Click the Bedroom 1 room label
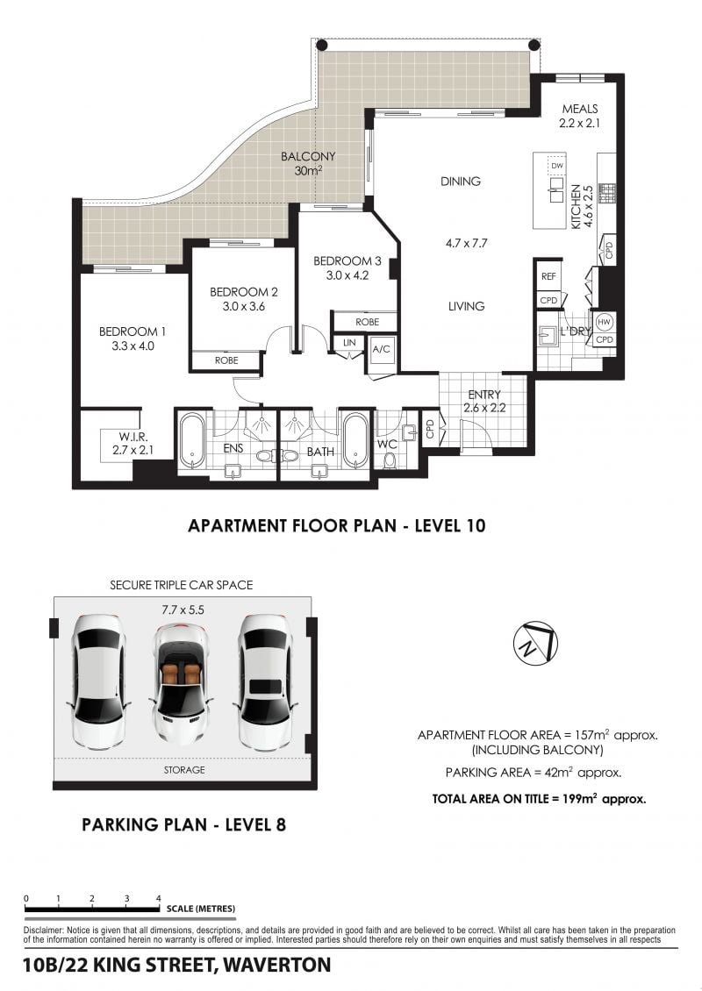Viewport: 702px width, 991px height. pos(133,332)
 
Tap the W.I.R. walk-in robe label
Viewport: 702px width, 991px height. pos(133,437)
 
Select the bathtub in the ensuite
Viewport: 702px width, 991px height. pos(190,440)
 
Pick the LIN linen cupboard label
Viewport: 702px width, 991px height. pos(350,343)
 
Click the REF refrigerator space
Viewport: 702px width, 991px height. pos(548,276)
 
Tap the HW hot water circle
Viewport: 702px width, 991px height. pos(604,322)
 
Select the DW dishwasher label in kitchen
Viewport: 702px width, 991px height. pos(556,166)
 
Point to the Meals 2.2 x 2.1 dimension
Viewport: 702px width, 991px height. pos(579,124)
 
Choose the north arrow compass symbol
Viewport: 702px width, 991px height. pos(535,643)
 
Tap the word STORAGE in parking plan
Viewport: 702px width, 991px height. pos(184,770)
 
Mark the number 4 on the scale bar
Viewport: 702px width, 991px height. pos(159,898)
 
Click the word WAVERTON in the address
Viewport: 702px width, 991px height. pos(277,965)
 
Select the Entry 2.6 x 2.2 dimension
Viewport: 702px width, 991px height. pos(484,409)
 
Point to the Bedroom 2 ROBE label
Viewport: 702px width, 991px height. pos(226,360)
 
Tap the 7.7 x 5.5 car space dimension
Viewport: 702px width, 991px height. pos(183,610)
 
